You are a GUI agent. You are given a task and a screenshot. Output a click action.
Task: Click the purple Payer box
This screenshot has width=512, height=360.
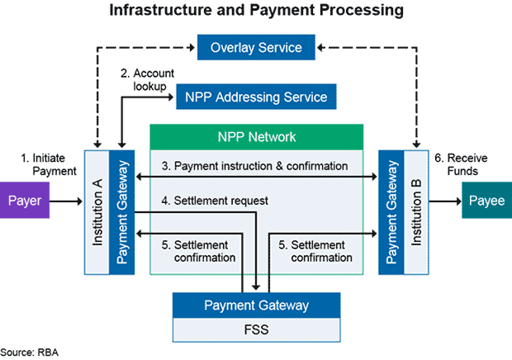25,201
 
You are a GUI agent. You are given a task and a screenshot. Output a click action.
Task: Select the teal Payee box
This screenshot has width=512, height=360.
485,201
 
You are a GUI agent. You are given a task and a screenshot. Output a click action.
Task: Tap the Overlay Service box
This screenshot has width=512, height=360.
256,47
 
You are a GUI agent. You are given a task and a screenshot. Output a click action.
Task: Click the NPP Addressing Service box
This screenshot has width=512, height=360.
256,97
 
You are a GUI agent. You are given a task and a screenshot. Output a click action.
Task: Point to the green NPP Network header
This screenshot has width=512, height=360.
256,137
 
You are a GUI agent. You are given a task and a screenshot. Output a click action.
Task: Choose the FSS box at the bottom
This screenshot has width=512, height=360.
256,331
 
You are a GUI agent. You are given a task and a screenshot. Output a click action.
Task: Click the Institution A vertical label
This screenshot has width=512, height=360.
97,212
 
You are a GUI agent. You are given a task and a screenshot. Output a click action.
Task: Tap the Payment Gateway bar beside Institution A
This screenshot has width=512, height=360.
122,212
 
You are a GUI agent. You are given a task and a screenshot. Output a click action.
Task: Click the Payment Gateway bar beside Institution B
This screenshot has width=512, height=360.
391,212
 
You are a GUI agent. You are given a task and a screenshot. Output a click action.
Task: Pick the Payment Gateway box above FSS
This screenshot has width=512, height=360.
256,306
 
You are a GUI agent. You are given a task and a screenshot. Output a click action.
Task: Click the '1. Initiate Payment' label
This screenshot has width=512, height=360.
49,163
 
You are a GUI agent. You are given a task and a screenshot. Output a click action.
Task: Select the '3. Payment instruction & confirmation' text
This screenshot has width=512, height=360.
254,166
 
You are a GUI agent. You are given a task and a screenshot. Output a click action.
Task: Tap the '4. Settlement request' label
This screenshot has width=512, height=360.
215,200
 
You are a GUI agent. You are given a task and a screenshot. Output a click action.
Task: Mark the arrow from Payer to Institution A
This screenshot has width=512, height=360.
67,201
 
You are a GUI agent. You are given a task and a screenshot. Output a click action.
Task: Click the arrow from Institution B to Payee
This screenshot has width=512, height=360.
446,201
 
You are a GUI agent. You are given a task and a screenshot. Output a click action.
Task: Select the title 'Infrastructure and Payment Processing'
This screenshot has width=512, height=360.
256,12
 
